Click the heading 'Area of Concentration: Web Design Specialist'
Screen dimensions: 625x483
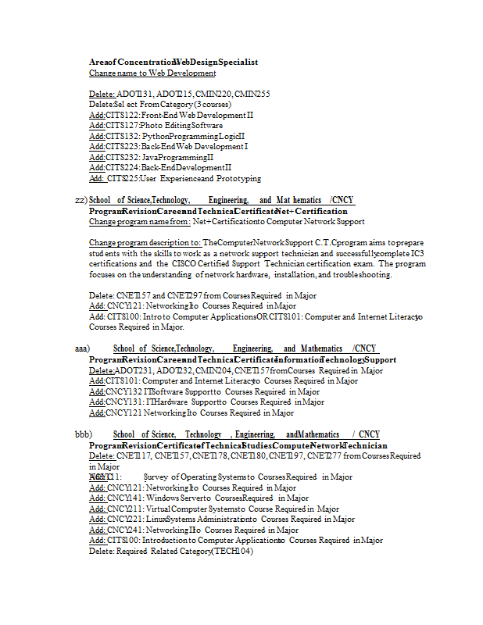[174, 62]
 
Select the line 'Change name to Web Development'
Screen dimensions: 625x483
[152, 73]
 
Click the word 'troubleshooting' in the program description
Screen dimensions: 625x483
[363, 275]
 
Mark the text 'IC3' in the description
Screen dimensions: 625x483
[418, 253]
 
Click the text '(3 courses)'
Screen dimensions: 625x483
[212, 104]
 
